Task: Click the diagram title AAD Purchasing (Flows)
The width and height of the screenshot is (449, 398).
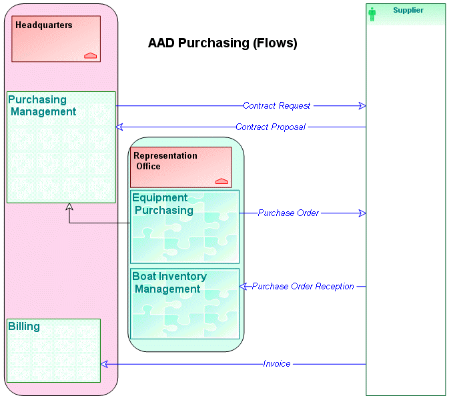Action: click(x=222, y=44)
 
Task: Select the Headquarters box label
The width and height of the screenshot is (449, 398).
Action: click(x=44, y=25)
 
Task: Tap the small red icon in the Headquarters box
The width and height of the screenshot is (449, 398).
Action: click(x=90, y=55)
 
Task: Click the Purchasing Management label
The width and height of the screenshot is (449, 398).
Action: click(x=42, y=106)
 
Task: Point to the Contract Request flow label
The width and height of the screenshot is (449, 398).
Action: click(x=276, y=106)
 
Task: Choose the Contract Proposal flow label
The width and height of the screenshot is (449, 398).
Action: click(x=270, y=127)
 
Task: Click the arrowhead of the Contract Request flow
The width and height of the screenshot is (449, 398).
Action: click(x=362, y=106)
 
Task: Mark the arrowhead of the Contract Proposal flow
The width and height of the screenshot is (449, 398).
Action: click(x=119, y=127)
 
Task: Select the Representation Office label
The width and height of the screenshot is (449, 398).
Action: click(x=165, y=161)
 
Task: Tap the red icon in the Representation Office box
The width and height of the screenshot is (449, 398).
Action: click(x=221, y=181)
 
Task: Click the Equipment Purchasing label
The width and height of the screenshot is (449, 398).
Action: click(x=163, y=204)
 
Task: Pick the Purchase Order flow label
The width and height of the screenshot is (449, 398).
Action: click(x=288, y=213)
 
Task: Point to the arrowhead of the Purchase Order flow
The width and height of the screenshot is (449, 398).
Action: click(x=362, y=213)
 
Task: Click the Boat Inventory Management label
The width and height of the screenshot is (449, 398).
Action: click(x=169, y=283)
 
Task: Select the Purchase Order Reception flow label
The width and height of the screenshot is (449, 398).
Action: click(x=303, y=287)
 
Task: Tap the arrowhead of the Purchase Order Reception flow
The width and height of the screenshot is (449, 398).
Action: click(x=244, y=287)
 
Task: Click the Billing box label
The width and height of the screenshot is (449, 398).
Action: click(x=24, y=327)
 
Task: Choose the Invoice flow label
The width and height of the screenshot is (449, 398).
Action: click(x=277, y=364)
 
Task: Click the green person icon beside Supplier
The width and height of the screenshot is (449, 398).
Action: click(x=372, y=14)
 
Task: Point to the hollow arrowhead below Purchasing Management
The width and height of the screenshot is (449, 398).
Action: click(x=69, y=207)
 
